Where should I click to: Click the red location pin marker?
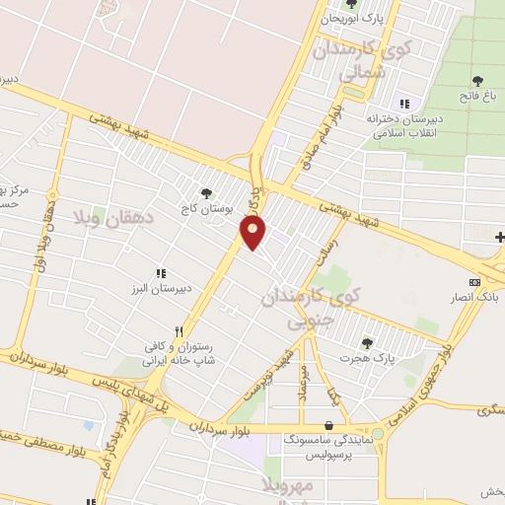pos(253,233)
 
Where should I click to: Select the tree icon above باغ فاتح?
pos(478,80)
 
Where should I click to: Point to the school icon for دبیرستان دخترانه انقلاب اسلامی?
pos(402,104)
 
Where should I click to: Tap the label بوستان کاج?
pos(204,209)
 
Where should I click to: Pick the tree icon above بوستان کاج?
pos(205,193)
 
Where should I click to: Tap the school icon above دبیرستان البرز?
pos(158,273)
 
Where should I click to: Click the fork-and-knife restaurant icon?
pos(179,331)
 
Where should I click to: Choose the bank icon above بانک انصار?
pos(475,282)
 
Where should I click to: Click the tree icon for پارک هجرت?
pos(367,343)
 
